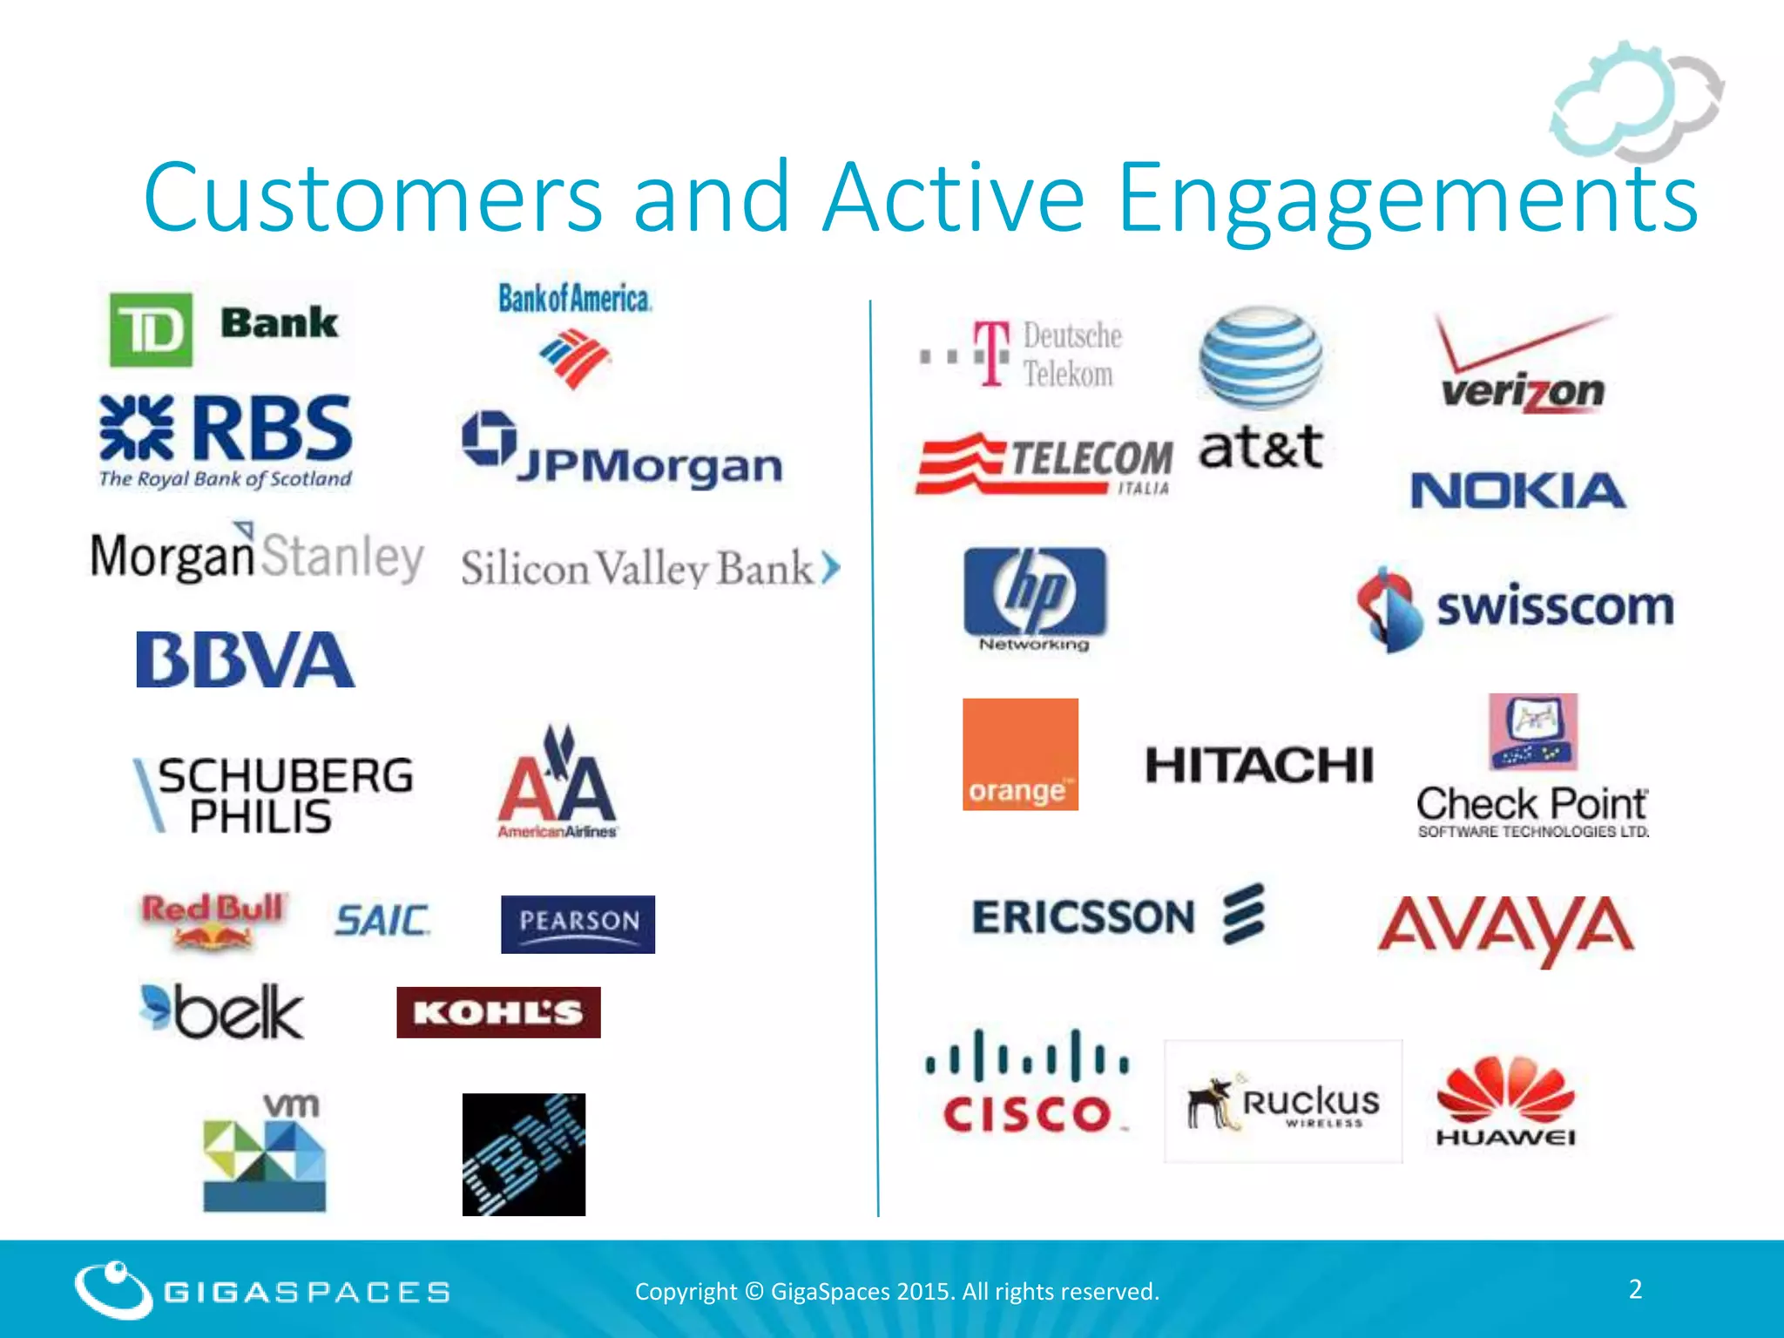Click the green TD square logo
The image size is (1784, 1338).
(x=151, y=329)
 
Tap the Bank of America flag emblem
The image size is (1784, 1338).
(x=574, y=358)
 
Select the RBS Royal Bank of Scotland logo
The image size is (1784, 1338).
(x=226, y=441)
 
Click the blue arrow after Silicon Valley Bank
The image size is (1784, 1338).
(x=831, y=568)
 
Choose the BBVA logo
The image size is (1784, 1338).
(x=246, y=659)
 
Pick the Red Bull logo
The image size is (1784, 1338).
(x=213, y=920)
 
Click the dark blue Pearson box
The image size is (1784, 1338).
(x=578, y=924)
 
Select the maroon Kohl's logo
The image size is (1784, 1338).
(x=498, y=1012)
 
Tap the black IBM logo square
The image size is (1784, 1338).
(x=524, y=1154)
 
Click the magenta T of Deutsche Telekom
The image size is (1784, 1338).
(x=991, y=353)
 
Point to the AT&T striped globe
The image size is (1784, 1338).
(x=1260, y=358)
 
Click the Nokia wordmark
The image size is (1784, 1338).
(x=1517, y=490)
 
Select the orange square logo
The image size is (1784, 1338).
(x=1020, y=754)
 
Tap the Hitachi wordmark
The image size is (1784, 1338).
(x=1259, y=766)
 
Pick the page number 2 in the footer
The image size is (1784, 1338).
(x=1635, y=1289)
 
